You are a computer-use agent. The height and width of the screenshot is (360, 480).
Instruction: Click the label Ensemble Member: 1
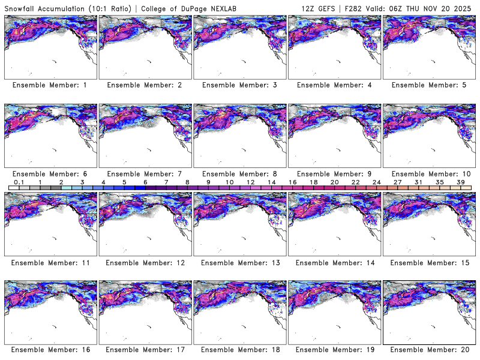[50, 85]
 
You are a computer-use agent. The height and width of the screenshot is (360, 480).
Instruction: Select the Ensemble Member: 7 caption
[145, 173]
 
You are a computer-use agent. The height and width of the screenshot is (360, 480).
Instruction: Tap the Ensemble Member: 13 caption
[239, 262]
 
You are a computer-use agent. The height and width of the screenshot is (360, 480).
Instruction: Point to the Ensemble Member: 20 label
[430, 350]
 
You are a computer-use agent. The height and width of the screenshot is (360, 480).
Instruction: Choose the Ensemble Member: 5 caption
[430, 85]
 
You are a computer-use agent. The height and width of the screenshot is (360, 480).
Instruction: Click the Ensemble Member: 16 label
[50, 350]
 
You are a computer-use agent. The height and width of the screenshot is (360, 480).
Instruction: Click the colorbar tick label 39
[461, 182]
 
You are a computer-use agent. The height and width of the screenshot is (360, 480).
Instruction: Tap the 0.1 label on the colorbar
[19, 182]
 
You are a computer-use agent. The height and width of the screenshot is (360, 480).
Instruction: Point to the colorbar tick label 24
[377, 182]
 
